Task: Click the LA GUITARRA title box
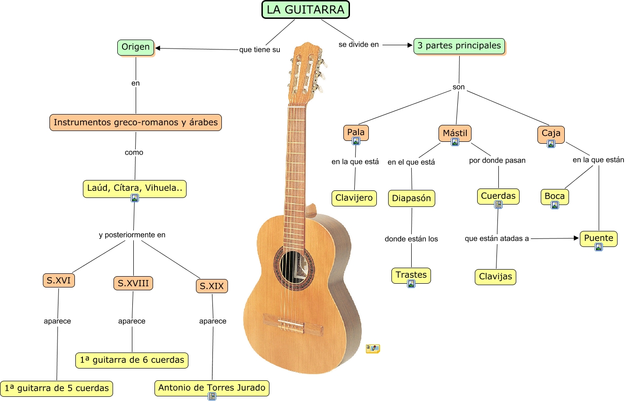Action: click(x=306, y=9)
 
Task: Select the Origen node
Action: click(x=136, y=47)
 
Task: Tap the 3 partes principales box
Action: click(x=459, y=46)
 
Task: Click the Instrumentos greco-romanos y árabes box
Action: click(x=136, y=123)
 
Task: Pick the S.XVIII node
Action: click(x=133, y=283)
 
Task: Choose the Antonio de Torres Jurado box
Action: click(x=212, y=388)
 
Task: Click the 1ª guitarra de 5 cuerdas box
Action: click(x=57, y=388)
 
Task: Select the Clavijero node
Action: click(x=354, y=198)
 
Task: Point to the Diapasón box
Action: click(x=411, y=198)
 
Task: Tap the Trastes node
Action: click(x=411, y=275)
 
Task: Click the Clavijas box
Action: click(x=496, y=276)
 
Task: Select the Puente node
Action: click(x=599, y=238)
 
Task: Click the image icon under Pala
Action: click(x=356, y=141)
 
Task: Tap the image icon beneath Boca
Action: click(x=555, y=205)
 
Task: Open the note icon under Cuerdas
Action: click(x=498, y=205)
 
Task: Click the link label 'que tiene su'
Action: click(x=260, y=49)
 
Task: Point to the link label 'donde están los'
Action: click(x=411, y=239)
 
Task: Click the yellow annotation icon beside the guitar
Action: click(x=373, y=348)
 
